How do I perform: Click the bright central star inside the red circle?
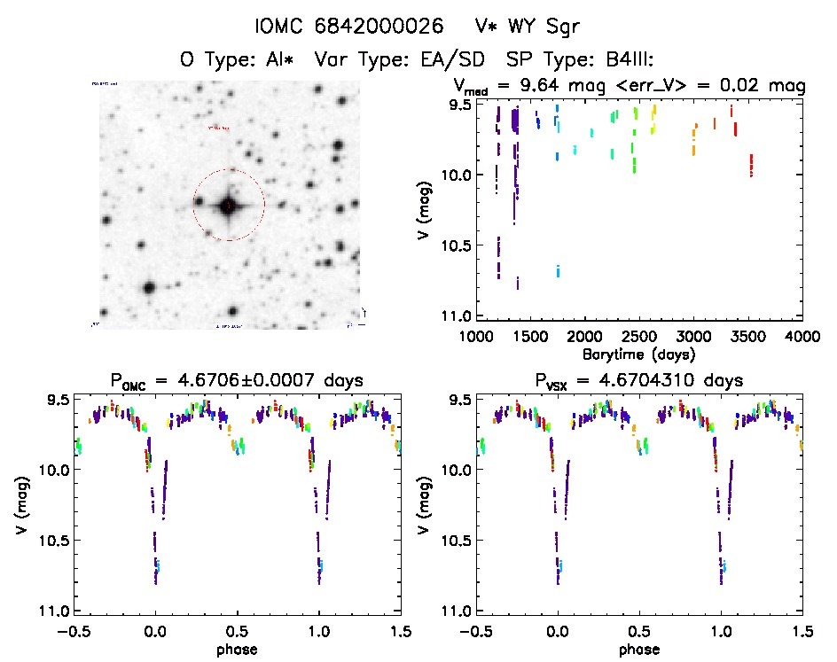pos(229,206)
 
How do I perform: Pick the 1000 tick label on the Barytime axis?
pos(475,337)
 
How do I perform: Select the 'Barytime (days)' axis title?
pos(638,354)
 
